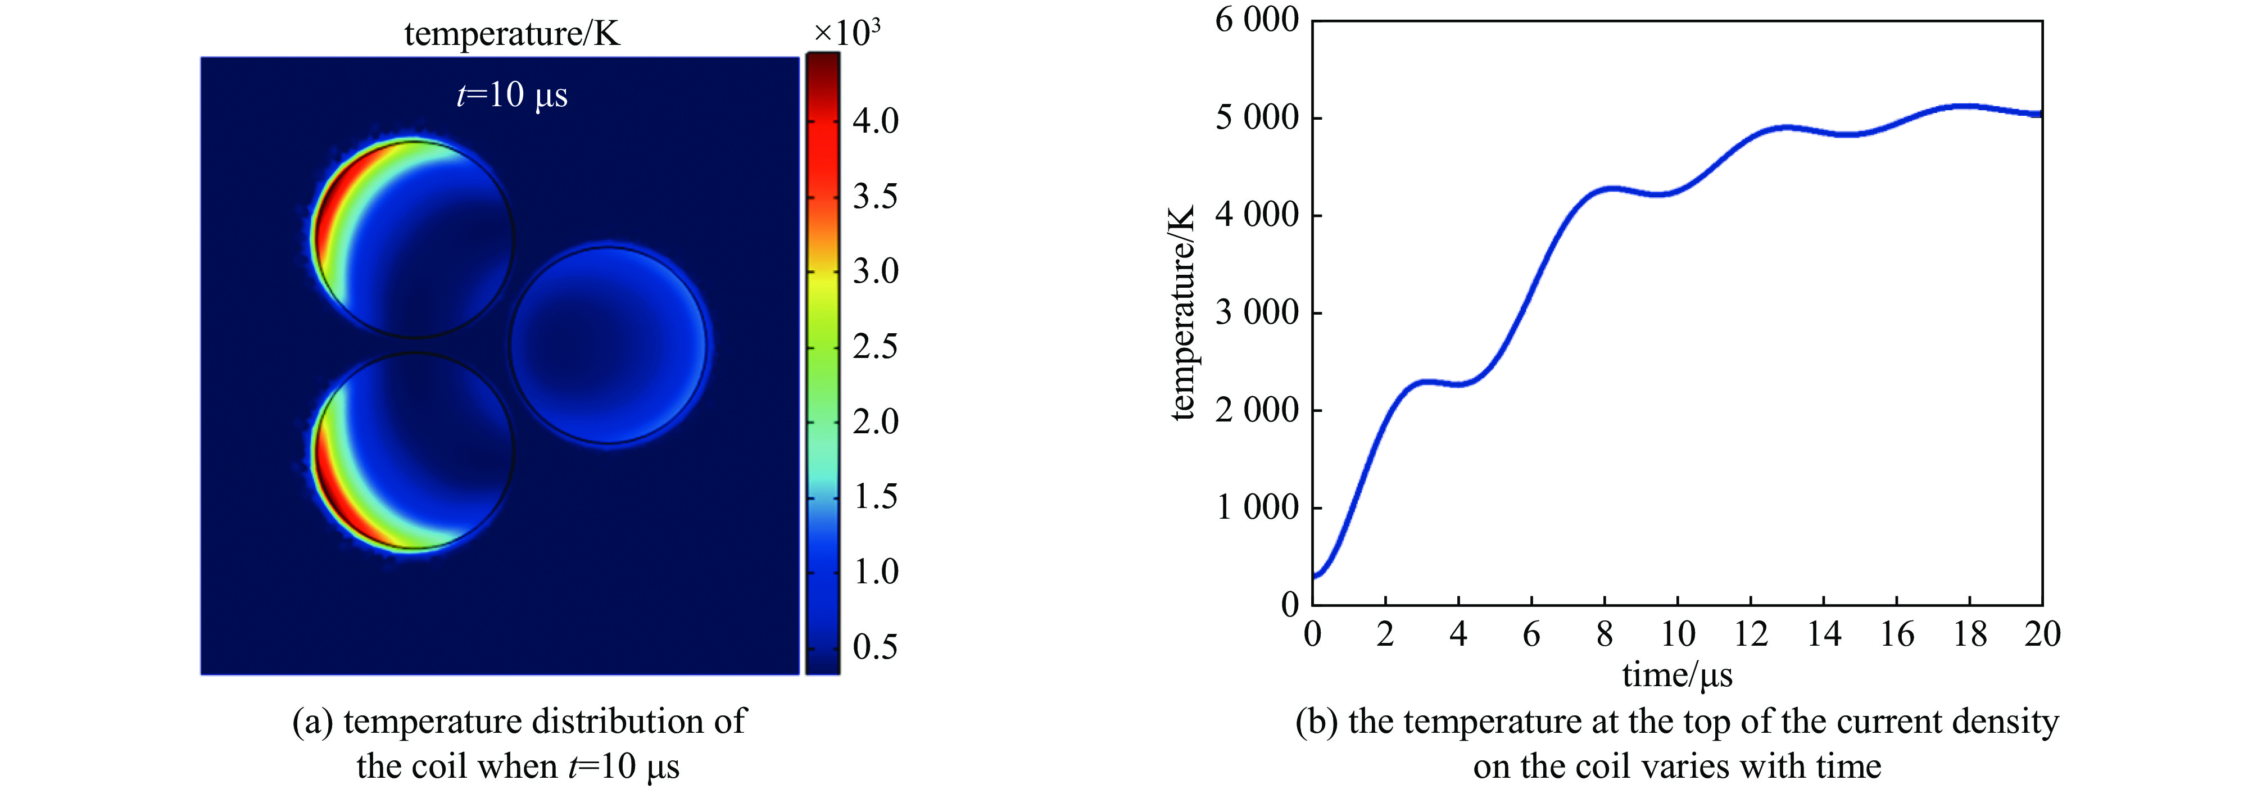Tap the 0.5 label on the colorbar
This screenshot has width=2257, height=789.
click(875, 647)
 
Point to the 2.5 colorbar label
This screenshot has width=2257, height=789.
click(875, 347)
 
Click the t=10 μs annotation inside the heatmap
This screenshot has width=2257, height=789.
click(511, 94)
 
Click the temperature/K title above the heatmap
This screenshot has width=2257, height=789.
click(511, 34)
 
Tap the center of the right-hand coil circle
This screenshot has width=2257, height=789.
click(608, 346)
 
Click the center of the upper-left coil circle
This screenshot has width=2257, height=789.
click(414, 238)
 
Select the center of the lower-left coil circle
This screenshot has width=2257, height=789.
click(414, 451)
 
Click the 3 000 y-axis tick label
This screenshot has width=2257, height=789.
click(1257, 312)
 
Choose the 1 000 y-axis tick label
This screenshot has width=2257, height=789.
click(1257, 507)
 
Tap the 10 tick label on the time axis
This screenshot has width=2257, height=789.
click(1677, 634)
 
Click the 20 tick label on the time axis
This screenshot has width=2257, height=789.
click(2042, 634)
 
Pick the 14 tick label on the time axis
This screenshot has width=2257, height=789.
click(1823, 634)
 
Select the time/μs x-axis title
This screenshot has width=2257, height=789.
click(1677, 675)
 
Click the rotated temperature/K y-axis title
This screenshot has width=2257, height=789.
click(1183, 312)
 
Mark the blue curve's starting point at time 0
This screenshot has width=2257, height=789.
click(1313, 576)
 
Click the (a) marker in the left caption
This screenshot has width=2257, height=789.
click(312, 722)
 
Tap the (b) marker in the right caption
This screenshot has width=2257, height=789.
click(1316, 722)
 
